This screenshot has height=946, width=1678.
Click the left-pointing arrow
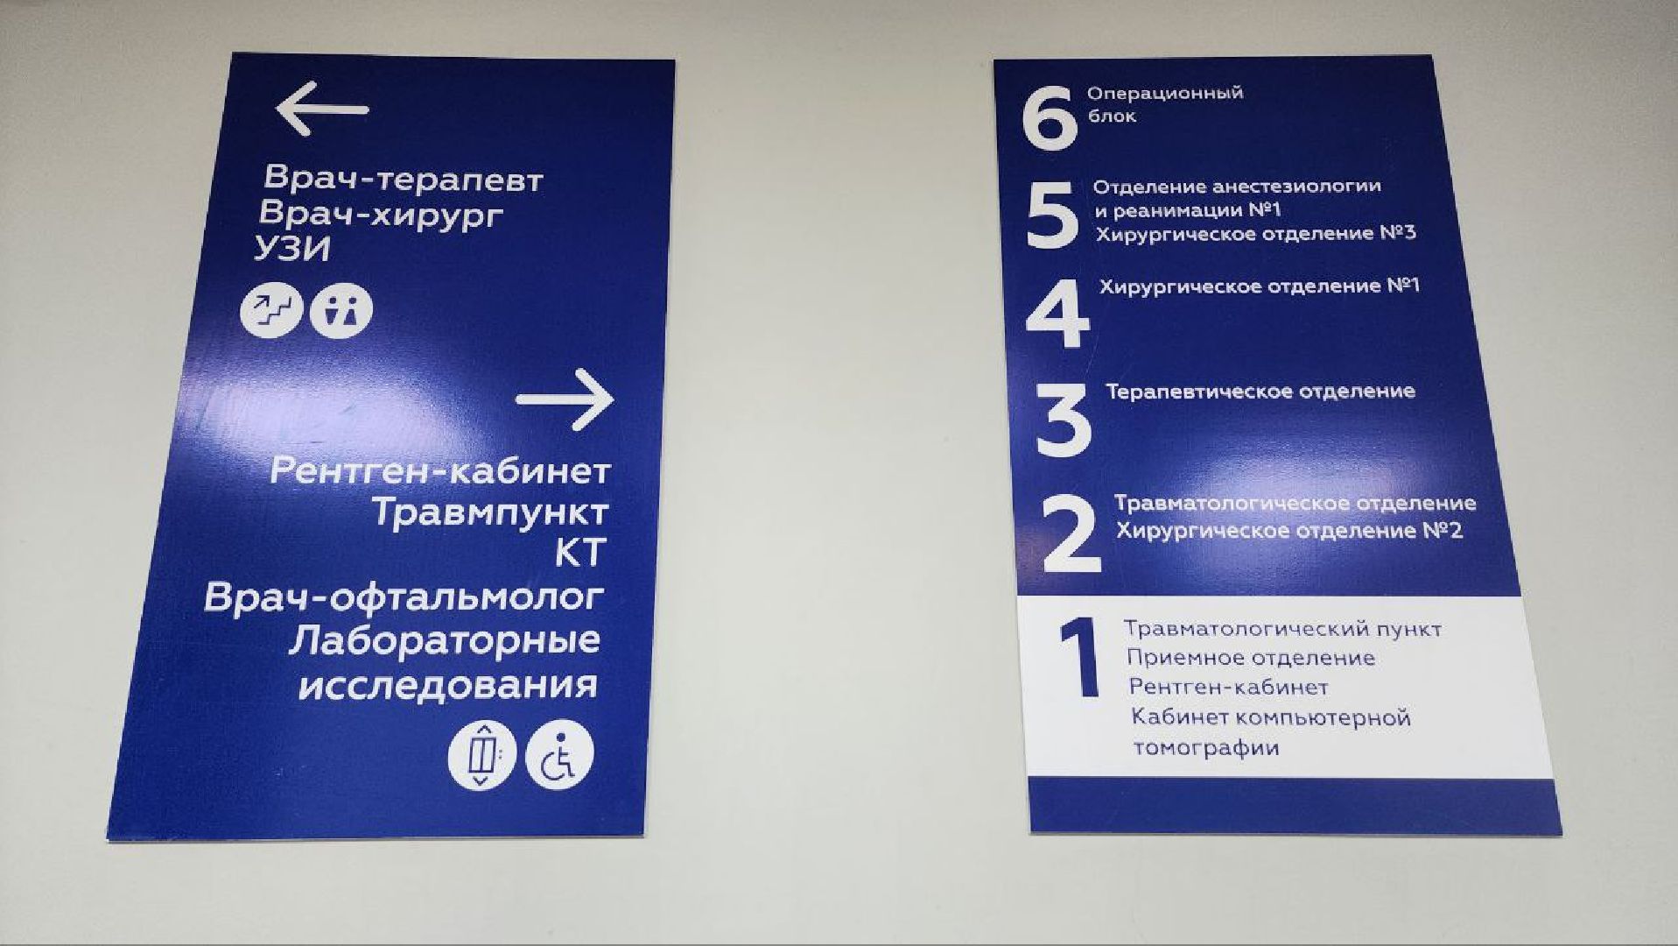[321, 109]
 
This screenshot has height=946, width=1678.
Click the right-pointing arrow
[565, 399]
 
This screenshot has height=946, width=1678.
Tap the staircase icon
[271, 309]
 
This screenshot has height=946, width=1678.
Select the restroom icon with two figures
[341, 310]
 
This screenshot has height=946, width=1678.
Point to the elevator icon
[481, 754]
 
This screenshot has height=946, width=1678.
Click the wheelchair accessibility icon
[559, 754]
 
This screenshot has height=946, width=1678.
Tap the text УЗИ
[292, 250]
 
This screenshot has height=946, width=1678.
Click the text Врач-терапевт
[404, 179]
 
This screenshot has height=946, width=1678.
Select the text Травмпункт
[490, 512]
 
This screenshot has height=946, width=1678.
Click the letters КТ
[580, 553]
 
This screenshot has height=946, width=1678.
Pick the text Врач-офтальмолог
[404, 597]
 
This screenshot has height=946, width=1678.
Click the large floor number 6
[1050, 117]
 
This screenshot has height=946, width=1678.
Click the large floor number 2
[1071, 533]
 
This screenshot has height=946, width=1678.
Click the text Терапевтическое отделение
[1260, 392]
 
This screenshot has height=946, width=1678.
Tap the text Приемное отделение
[1250, 658]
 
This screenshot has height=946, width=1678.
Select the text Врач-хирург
[382, 214]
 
